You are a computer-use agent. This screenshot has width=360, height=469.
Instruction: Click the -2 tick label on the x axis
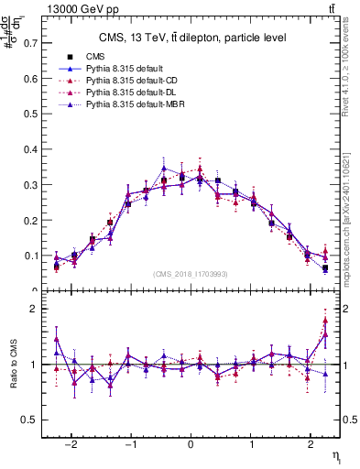click(x=72, y=443)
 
